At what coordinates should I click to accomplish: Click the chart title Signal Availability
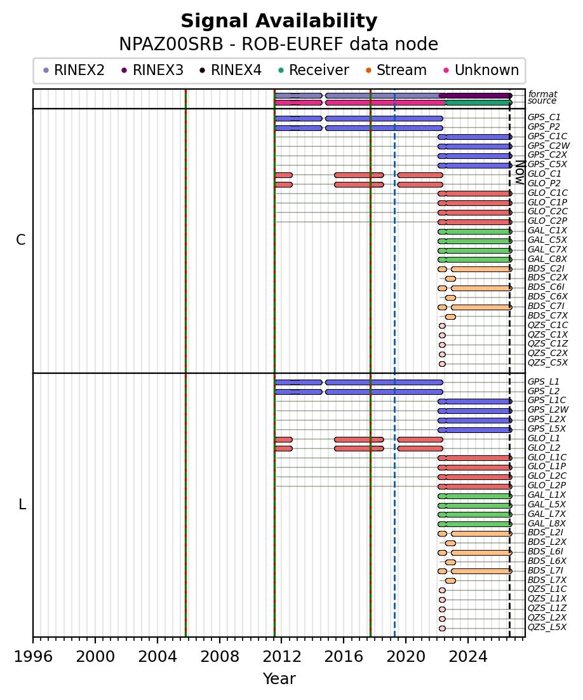click(279, 21)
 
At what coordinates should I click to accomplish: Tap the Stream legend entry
click(396, 70)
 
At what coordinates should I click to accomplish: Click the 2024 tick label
click(468, 657)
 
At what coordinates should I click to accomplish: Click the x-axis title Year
click(279, 678)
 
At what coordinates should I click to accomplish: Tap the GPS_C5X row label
click(547, 164)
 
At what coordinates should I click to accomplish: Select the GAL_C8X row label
click(547, 259)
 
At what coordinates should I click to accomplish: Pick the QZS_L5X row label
click(547, 628)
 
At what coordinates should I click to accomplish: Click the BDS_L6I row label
click(546, 552)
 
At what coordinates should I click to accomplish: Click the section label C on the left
click(20, 240)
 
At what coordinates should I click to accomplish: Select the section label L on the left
click(22, 505)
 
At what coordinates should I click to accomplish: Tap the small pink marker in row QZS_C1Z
click(442, 345)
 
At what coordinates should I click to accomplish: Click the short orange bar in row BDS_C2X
click(450, 279)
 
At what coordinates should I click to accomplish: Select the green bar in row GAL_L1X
click(474, 496)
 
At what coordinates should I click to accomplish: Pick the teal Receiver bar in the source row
click(479, 102)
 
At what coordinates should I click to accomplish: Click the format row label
click(542, 94)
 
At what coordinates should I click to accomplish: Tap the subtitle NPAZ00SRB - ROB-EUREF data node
click(279, 45)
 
